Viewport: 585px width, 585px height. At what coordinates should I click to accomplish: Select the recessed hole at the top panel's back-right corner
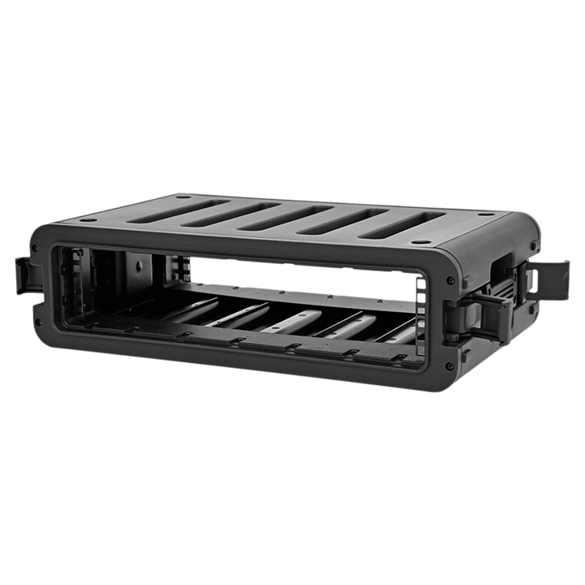tap(485, 216)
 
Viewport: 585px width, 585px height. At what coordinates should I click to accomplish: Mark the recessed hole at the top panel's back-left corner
tap(180, 196)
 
